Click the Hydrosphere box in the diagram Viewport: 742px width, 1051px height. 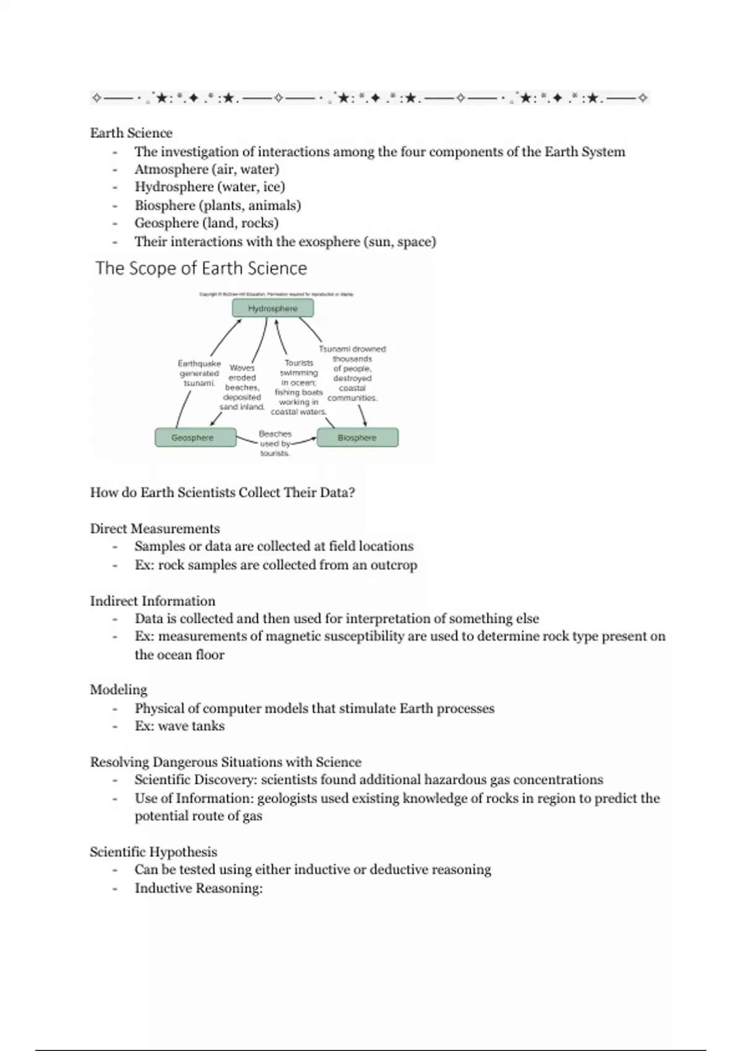(x=273, y=308)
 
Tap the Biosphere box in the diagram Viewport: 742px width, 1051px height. (x=357, y=438)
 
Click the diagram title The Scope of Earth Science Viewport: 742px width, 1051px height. (x=201, y=268)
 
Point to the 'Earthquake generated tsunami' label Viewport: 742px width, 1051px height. (x=199, y=373)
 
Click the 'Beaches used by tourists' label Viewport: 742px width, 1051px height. (x=275, y=443)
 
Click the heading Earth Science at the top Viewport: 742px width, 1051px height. (x=131, y=133)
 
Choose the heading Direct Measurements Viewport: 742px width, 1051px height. (x=155, y=529)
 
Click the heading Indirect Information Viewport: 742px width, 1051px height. (x=153, y=601)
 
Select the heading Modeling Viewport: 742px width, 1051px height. (x=119, y=689)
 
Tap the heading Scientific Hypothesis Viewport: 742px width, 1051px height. (x=153, y=852)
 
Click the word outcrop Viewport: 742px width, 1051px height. (x=394, y=565)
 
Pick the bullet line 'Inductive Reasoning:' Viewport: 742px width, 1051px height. (x=198, y=888)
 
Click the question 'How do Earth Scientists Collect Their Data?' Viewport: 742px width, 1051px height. (x=223, y=493)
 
